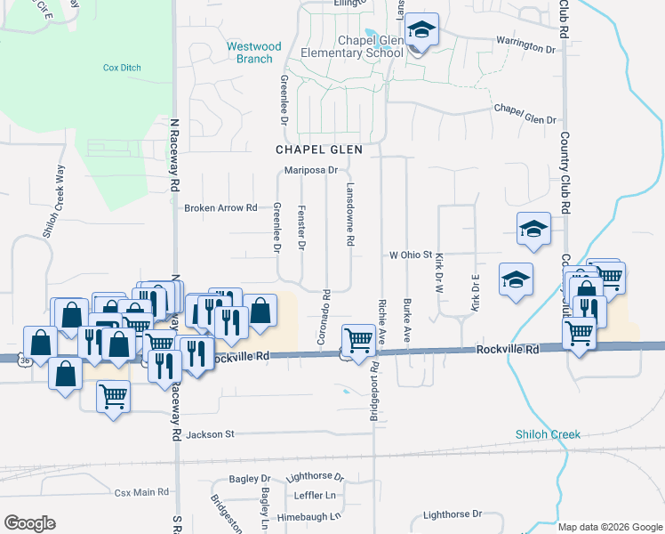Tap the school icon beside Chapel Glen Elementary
422,32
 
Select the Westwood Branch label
253,53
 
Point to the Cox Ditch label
122,67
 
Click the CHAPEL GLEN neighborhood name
318,150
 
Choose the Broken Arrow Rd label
220,208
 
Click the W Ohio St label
411,255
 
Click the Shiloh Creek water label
548,434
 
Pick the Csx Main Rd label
141,492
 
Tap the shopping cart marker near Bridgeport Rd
357,340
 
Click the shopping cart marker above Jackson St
113,396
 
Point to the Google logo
29,523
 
